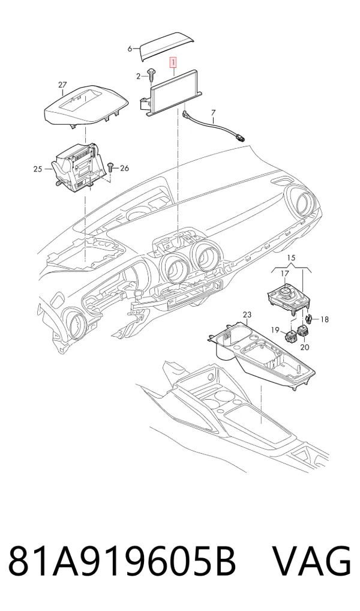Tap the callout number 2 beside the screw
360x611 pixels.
pyautogui.click(x=138, y=76)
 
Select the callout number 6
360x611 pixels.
pyautogui.click(x=130, y=49)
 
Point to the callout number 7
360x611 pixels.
pyautogui.click(x=213, y=113)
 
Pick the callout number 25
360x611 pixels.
pyautogui.click(x=37, y=169)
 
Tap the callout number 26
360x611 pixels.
pyautogui.click(x=124, y=168)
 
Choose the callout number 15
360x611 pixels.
pyautogui.click(x=292, y=257)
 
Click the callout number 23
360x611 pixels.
pyautogui.click(x=247, y=315)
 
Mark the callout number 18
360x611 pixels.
pyautogui.click(x=324, y=319)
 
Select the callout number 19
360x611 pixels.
pyautogui.click(x=275, y=331)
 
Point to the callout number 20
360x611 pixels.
pyautogui.click(x=305, y=347)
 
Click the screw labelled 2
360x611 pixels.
pyautogui.click(x=150, y=76)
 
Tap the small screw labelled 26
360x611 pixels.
pyautogui.click(x=110, y=167)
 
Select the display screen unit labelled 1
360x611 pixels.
pyautogui.click(x=174, y=93)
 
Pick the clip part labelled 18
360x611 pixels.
pyautogui.click(x=310, y=318)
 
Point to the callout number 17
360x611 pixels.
pyautogui.click(x=285, y=274)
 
